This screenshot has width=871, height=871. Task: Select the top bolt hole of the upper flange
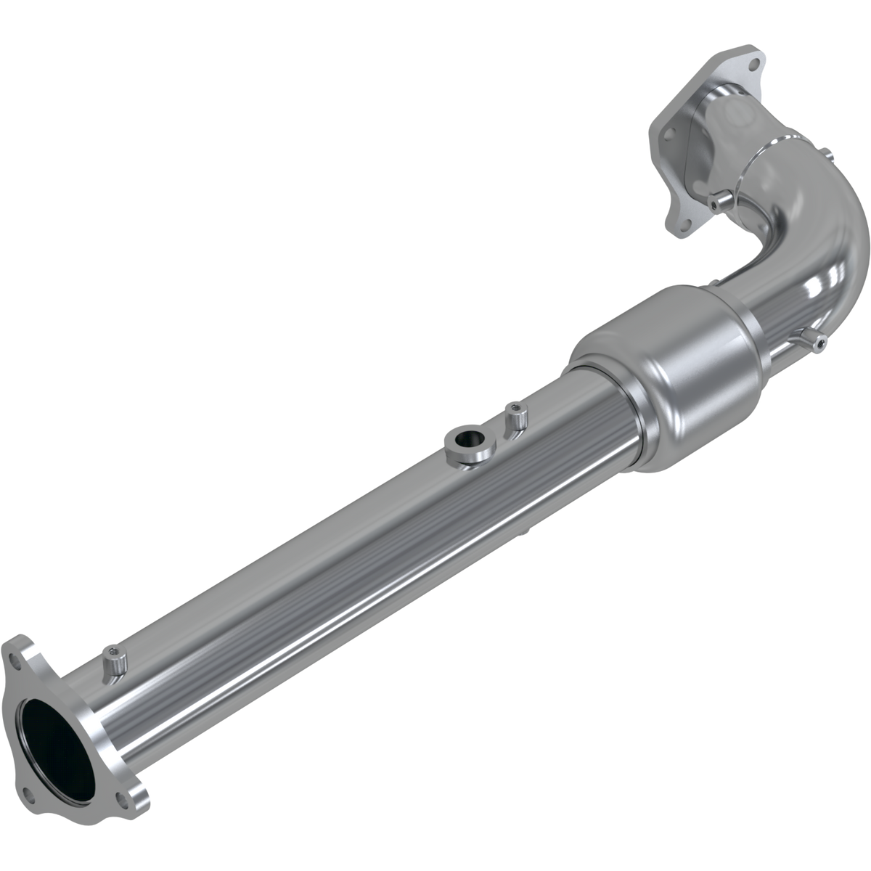(753, 64)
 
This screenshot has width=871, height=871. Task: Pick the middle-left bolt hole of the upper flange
(668, 134)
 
